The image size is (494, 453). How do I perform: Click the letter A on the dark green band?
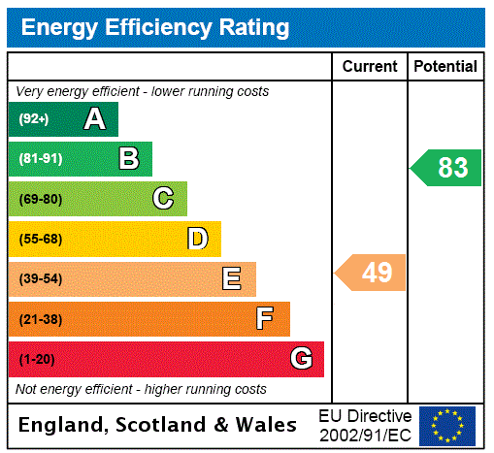(94, 119)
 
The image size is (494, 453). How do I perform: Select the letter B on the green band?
(129, 159)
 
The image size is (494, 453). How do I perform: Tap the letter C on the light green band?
(163, 199)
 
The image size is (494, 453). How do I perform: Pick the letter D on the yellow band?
(198, 239)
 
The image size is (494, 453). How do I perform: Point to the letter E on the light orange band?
(232, 279)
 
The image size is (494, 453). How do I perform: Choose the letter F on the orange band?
(265, 319)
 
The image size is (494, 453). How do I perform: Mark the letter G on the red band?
(301, 359)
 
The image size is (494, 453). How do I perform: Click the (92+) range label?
(34, 119)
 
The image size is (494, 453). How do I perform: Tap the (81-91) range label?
(41, 159)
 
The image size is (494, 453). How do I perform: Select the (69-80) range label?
(41, 200)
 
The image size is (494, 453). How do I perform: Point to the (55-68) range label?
(41, 240)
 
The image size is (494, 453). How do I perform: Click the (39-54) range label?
(41, 279)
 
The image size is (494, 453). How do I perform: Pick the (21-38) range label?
(41, 319)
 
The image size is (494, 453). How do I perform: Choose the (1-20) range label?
(37, 360)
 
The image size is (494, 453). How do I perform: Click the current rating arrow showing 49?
(372, 273)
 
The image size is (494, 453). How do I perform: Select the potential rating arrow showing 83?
(447, 168)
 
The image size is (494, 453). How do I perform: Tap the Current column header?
(370, 66)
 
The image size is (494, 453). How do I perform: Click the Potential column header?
(445, 66)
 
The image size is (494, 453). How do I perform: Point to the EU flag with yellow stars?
(447, 425)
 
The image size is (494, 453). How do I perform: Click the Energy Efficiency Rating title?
(155, 27)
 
